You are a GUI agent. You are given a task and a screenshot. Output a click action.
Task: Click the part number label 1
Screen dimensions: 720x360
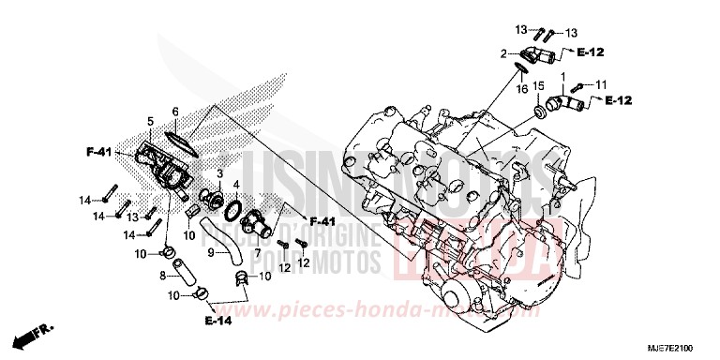[x=563, y=74]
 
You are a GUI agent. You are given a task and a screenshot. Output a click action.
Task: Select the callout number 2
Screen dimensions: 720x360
[x=502, y=53]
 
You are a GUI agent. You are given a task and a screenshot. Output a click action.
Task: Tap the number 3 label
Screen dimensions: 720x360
[x=218, y=174]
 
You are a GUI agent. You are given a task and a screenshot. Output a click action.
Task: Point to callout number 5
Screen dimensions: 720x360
[x=149, y=121]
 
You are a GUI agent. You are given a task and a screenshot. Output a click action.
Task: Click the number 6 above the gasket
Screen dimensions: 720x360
[x=174, y=112]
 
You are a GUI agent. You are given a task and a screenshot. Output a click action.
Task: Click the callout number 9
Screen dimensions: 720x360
[x=212, y=252]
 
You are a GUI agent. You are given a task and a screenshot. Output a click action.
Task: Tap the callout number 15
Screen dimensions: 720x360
[x=539, y=86]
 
